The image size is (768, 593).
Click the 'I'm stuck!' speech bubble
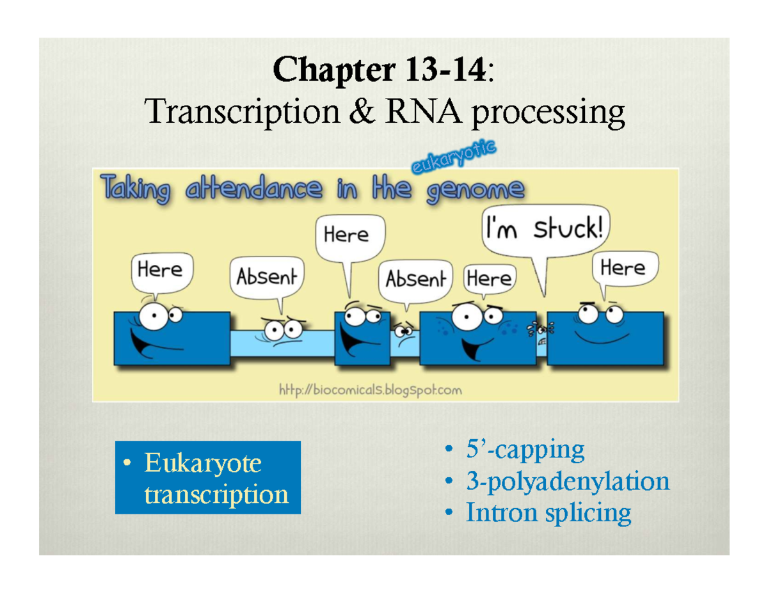(545, 228)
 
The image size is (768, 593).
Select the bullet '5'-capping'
(524, 450)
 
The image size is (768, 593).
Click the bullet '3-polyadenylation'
(567, 481)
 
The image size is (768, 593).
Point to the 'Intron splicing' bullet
(548, 512)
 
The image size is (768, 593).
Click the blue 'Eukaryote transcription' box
(207, 477)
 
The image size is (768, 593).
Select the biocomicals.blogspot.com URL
(370, 390)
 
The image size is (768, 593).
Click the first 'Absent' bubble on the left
(267, 278)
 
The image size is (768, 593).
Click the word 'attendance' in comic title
(251, 190)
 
